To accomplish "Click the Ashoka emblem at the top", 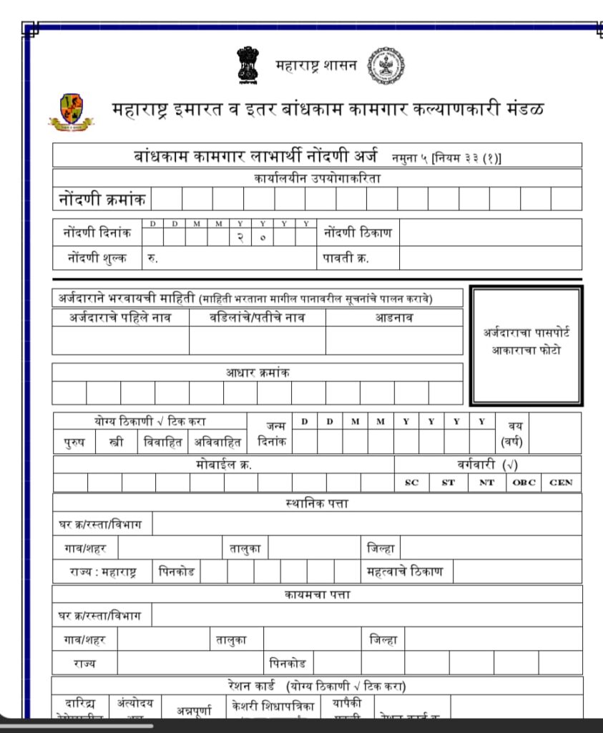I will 247,66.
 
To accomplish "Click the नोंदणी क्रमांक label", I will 102,198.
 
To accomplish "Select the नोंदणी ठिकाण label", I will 358,233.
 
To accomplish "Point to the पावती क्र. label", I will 347,258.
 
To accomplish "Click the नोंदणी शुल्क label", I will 97,258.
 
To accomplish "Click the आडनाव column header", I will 394,318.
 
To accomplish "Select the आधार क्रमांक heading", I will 258,372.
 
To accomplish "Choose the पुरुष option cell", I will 69,442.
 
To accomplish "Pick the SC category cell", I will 411,482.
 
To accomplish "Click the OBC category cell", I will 524,482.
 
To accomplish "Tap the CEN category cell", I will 562,482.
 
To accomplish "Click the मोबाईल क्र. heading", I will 223,465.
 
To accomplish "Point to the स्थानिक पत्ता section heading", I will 317,503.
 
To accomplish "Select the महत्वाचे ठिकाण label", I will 404,572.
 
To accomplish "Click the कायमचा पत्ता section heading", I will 317,594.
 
